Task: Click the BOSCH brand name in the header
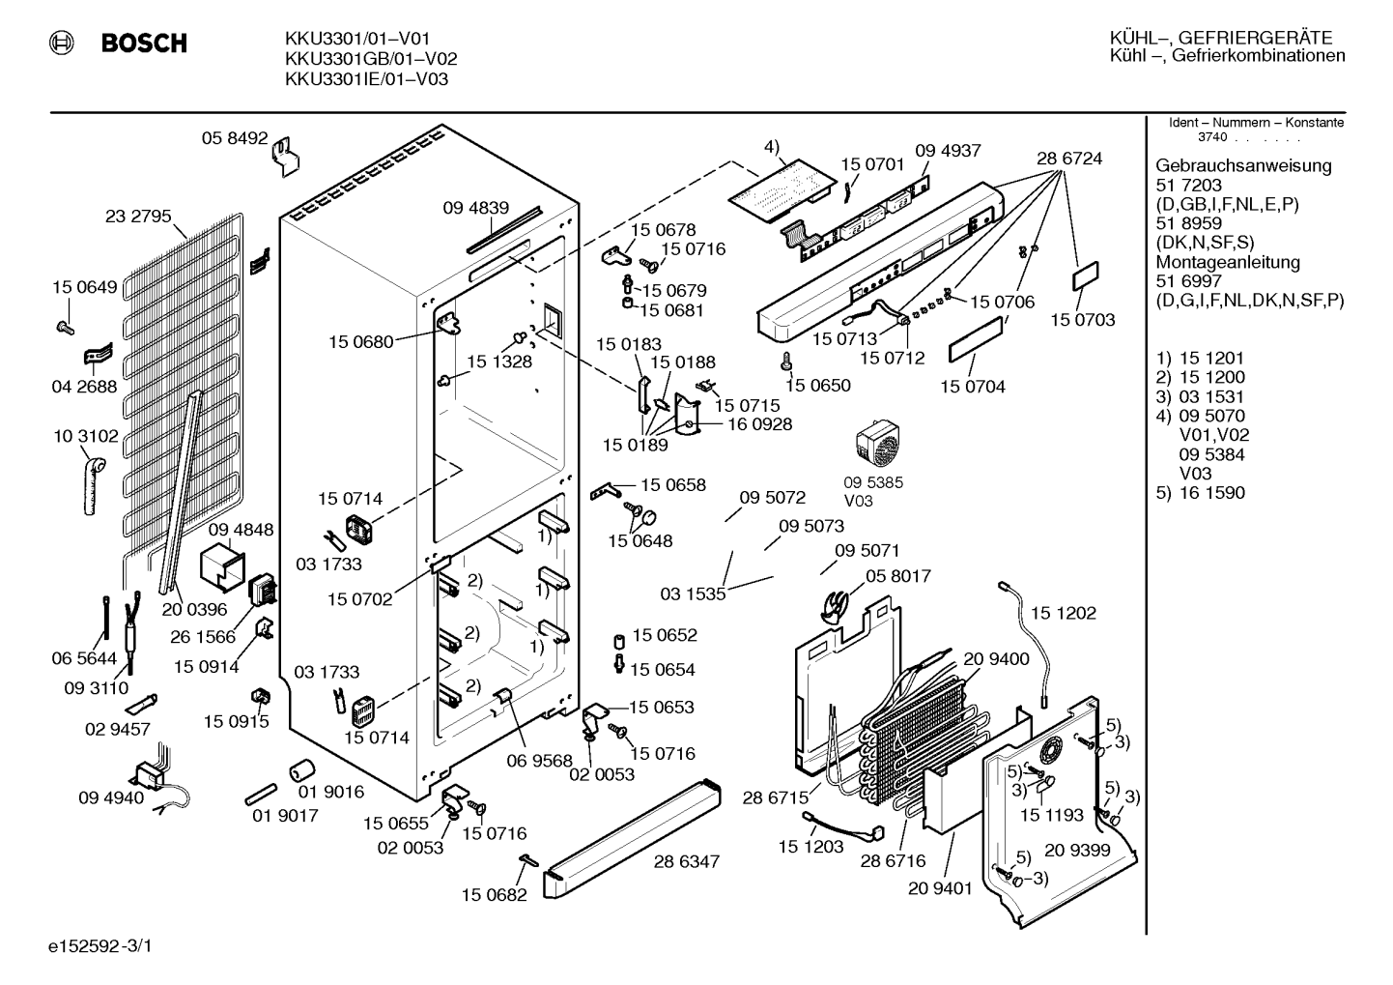point(144,43)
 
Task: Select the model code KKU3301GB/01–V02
point(371,59)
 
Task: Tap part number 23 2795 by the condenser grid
point(138,216)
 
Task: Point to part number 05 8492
point(235,137)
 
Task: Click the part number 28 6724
point(1069,159)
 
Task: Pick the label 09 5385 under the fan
point(873,482)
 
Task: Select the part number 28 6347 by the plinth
point(687,861)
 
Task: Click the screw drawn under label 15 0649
point(65,328)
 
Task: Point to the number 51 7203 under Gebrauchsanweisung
point(1188,185)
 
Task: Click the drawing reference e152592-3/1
point(100,946)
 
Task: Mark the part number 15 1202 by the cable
point(1064,613)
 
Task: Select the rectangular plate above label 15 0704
point(975,339)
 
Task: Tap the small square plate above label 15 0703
point(1086,276)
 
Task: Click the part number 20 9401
point(940,888)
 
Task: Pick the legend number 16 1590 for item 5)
point(1212,492)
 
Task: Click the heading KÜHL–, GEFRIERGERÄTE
point(1221,38)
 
